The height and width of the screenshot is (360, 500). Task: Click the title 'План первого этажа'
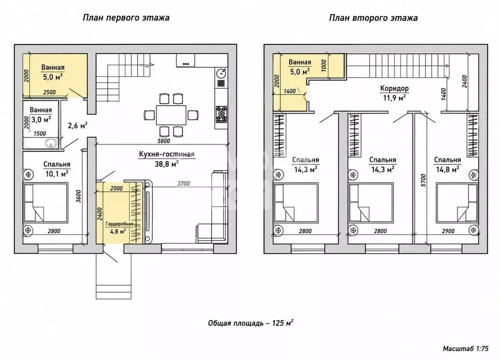(x=126, y=18)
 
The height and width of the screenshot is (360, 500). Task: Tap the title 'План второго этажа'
(x=373, y=18)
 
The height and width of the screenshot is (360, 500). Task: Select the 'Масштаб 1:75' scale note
(x=465, y=348)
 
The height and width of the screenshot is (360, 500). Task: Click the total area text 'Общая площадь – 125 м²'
(x=250, y=323)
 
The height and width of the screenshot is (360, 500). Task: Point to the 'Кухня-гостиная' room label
(x=167, y=154)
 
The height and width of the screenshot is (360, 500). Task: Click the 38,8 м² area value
(x=167, y=164)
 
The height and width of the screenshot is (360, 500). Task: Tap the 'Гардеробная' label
(x=119, y=223)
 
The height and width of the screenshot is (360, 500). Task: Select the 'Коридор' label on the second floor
(x=394, y=88)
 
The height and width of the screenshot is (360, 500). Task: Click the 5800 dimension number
(x=164, y=140)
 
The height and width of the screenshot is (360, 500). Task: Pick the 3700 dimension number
(x=184, y=183)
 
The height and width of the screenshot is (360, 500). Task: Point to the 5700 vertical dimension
(x=423, y=180)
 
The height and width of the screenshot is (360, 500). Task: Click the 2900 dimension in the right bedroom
(x=448, y=231)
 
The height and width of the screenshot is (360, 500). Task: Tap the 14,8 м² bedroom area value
(x=448, y=169)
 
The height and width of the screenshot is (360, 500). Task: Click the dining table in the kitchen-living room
(x=171, y=115)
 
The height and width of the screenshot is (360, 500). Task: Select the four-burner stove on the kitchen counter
(x=221, y=114)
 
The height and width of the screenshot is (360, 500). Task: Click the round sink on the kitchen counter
(x=221, y=74)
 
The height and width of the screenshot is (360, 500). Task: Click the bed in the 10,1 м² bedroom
(x=46, y=202)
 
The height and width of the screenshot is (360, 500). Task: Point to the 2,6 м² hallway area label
(x=78, y=125)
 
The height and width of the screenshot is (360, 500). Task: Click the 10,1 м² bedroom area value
(x=57, y=174)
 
